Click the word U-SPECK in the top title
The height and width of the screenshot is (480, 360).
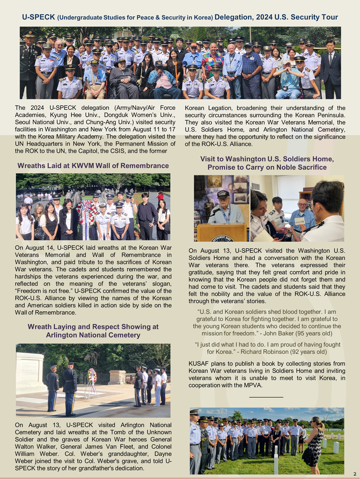(38, 17)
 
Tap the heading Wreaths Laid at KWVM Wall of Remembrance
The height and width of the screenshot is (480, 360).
(93, 166)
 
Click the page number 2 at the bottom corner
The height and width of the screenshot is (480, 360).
(355, 474)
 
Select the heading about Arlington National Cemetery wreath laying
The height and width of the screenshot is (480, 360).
(93, 331)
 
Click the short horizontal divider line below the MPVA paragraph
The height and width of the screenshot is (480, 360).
(266, 397)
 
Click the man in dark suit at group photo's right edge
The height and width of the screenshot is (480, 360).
(331, 69)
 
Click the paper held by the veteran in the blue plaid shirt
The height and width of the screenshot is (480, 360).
(300, 221)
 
